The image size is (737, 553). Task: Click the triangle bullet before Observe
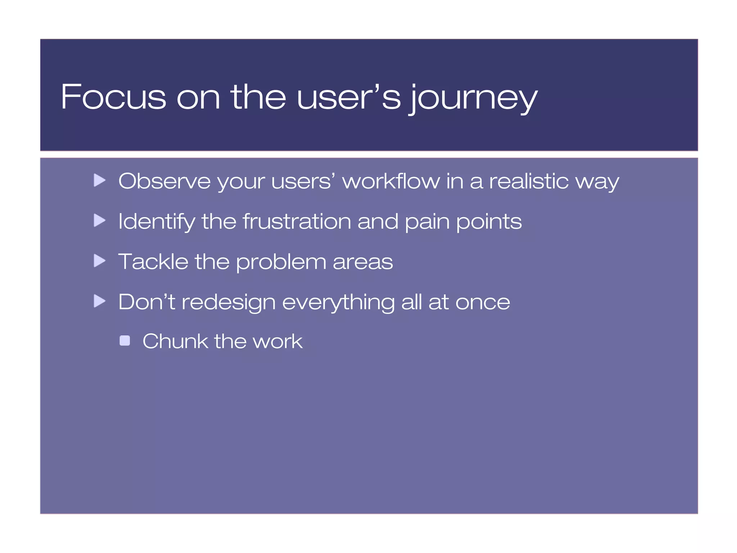click(99, 180)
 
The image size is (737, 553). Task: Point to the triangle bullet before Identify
click(99, 220)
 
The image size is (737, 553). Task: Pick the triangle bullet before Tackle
click(99, 261)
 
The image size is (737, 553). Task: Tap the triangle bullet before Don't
click(99, 301)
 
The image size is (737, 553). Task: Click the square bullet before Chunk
click(125, 341)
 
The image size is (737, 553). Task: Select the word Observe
click(164, 181)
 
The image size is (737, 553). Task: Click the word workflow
click(391, 181)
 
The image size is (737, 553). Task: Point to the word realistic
click(529, 181)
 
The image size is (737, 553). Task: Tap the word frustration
click(297, 221)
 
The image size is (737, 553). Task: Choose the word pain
click(427, 222)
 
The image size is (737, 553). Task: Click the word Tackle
click(153, 261)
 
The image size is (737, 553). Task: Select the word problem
click(281, 262)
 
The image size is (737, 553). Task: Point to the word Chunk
click(175, 341)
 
